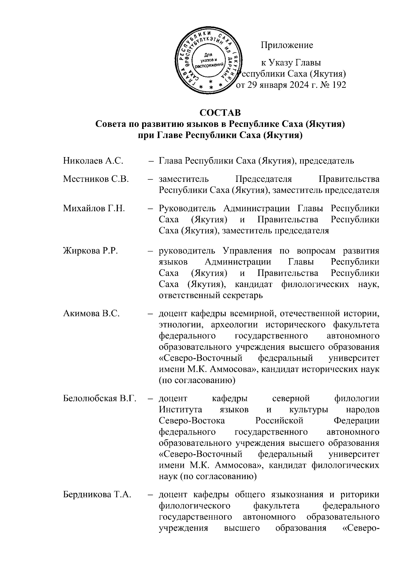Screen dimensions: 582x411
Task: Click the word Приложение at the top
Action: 287,45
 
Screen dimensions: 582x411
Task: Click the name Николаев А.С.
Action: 93,161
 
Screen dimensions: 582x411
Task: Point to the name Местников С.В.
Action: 96,179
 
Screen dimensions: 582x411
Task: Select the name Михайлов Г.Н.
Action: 94,209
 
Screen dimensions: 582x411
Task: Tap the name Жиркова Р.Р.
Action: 90,251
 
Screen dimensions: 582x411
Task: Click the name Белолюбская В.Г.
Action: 100,399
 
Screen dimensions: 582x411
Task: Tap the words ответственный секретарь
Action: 211,295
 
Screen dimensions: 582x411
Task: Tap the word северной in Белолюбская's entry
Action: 291,399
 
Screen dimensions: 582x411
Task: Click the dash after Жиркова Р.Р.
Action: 150,251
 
